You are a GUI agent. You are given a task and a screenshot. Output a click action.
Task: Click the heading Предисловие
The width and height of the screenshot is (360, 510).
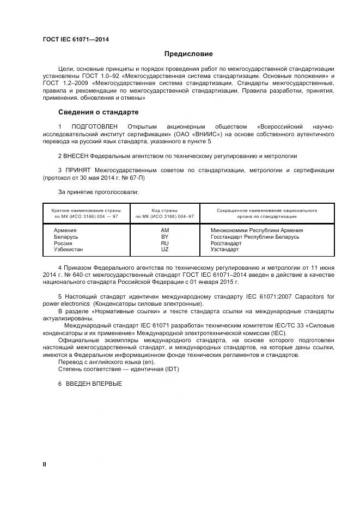[x=189, y=54]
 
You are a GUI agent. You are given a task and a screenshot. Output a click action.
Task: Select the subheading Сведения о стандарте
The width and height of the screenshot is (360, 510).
[x=98, y=112]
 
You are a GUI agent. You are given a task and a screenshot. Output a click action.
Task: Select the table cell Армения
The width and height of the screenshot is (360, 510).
[x=65, y=230]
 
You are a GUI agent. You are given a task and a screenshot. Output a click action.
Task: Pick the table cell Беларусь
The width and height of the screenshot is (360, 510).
[x=66, y=237]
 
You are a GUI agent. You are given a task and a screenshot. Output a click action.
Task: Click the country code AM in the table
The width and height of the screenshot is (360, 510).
[x=165, y=230]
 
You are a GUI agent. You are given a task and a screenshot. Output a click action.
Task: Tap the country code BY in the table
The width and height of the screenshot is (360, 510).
[x=165, y=237]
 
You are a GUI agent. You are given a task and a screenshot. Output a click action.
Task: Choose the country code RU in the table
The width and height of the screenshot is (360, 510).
[x=165, y=244]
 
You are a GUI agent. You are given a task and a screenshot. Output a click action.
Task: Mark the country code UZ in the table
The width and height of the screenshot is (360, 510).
[x=165, y=250]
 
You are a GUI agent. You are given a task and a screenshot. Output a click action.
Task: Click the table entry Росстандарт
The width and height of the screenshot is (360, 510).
[x=226, y=244]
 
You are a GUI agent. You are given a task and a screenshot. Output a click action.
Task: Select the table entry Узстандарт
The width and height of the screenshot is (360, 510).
[x=224, y=250]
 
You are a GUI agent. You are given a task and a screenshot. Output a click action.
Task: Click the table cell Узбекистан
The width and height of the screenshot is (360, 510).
[x=68, y=250]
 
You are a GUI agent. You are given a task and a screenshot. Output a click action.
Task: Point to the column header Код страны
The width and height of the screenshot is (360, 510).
[x=164, y=210]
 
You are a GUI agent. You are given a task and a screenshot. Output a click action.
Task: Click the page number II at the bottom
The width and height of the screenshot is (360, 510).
[x=45, y=464]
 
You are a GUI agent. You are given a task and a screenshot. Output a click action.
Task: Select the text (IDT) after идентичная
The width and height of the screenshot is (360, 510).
[x=170, y=369]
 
